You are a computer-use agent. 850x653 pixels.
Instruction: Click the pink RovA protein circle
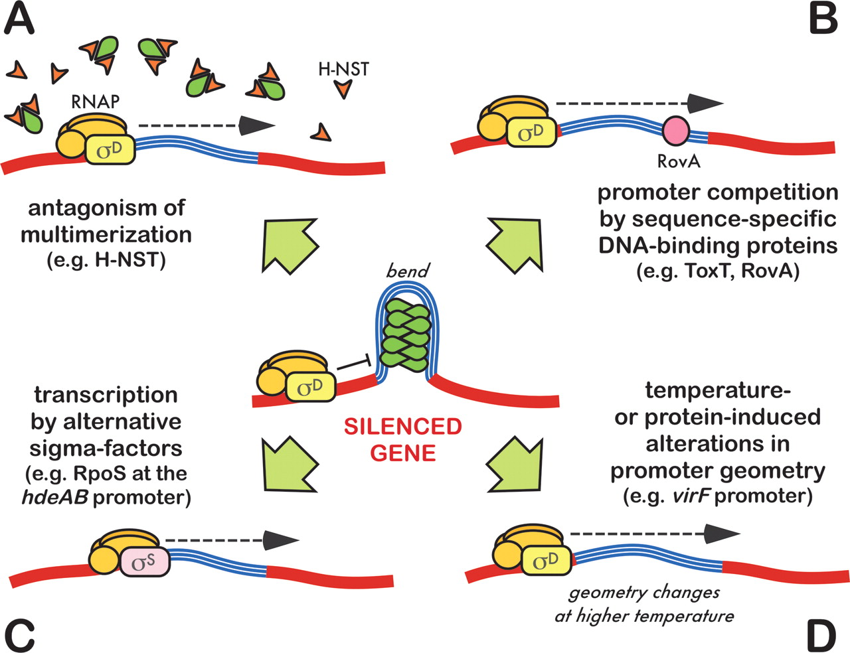(676, 130)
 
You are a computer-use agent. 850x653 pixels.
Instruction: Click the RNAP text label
(95, 102)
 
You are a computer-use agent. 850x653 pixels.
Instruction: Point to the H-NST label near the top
(343, 69)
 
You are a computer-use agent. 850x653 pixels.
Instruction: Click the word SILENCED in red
(403, 427)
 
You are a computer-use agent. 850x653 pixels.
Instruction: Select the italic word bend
(408, 271)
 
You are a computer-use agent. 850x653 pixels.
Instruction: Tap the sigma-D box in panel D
(546, 561)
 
